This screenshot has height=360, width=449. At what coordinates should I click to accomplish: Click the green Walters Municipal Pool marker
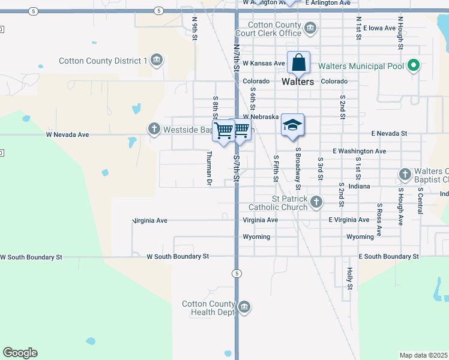click(413, 65)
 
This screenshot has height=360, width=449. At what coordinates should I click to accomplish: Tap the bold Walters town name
click(297, 82)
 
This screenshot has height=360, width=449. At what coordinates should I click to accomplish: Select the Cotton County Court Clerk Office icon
click(310, 28)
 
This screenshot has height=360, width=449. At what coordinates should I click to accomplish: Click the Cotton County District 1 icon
click(156, 60)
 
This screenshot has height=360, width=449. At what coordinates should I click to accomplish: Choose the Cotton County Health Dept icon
click(244, 308)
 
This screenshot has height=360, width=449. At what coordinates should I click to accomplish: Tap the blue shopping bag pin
click(298, 63)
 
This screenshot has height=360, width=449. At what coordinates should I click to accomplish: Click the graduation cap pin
click(292, 125)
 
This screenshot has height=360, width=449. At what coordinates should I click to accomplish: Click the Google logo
click(20, 353)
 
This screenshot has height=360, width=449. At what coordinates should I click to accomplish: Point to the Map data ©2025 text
click(423, 355)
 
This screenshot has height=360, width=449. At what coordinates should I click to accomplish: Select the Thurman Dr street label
click(209, 167)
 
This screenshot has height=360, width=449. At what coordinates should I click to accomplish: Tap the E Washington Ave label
click(359, 151)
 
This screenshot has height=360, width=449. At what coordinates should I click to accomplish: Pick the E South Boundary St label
click(388, 256)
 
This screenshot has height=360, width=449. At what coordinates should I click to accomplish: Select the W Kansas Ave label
click(264, 63)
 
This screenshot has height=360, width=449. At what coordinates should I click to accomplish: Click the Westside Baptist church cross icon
click(154, 129)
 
